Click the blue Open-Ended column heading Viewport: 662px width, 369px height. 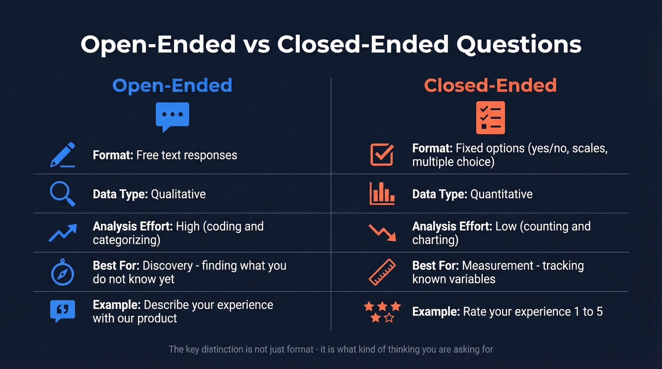(172, 86)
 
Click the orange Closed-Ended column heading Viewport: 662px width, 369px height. (490, 86)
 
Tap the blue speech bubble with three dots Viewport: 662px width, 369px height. (172, 116)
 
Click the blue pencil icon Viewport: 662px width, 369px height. (63, 154)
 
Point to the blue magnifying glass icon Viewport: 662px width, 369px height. (62, 194)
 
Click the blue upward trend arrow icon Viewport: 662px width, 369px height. (62, 233)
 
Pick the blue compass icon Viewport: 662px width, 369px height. (62, 273)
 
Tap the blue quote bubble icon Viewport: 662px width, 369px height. (62, 311)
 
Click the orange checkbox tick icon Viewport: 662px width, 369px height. (382, 154)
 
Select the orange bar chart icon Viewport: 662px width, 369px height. (382, 194)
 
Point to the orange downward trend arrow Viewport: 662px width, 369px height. (382, 233)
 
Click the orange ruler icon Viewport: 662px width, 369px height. (382, 273)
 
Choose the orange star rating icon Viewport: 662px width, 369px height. (382, 312)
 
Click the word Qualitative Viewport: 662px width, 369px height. (178, 194)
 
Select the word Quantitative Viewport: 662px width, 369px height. (501, 194)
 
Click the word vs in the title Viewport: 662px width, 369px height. (256, 44)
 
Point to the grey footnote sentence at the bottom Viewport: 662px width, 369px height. (331, 350)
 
